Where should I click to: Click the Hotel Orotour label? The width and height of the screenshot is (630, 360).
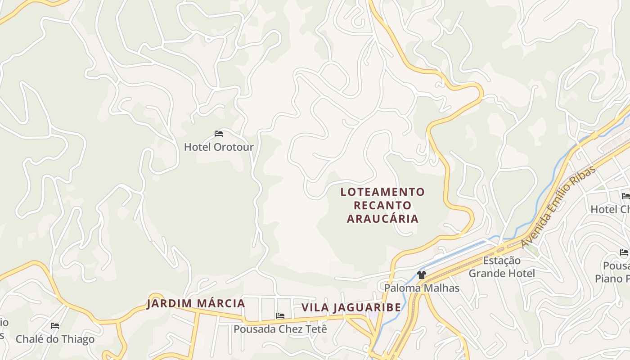219,147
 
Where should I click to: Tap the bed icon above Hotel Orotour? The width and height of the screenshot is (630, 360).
219,134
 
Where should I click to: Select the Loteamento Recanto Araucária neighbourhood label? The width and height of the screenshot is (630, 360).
382,205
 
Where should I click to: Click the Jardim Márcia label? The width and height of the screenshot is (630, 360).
196,303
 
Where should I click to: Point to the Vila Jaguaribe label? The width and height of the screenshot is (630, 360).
351,307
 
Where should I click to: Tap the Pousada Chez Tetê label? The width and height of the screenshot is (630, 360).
280,329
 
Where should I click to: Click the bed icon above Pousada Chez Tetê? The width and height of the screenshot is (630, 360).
280,316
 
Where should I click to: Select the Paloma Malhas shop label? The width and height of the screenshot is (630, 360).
422,288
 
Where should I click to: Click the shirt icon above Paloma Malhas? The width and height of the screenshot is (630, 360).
421,274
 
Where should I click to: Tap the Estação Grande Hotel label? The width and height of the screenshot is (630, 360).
502,267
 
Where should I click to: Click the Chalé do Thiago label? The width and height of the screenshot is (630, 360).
55,339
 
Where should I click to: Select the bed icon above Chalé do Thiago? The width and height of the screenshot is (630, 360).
55,325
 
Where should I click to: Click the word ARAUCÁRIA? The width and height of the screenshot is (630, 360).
382,219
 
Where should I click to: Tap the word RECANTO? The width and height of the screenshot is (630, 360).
382,205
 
